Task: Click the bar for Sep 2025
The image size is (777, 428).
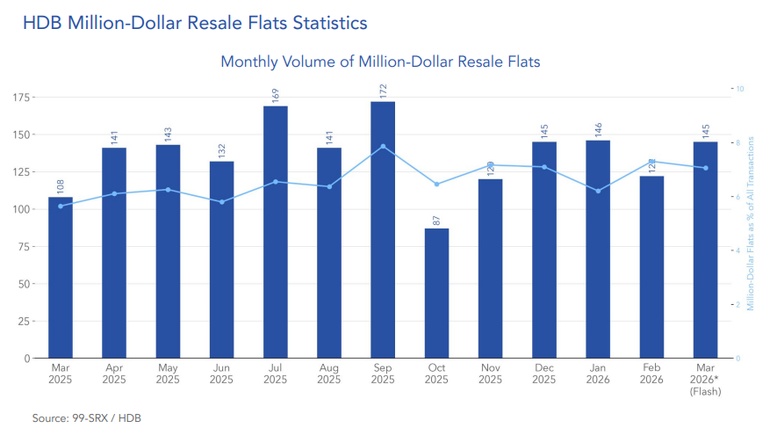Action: (x=383, y=230)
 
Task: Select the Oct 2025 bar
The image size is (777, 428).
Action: (x=436, y=294)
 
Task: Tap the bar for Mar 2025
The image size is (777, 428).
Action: (x=61, y=278)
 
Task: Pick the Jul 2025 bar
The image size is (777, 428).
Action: (x=276, y=232)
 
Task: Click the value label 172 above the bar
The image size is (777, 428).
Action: (x=383, y=90)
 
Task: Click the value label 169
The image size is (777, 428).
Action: (x=276, y=92)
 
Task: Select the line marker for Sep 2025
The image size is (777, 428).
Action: (x=383, y=146)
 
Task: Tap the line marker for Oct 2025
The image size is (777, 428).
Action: (x=436, y=184)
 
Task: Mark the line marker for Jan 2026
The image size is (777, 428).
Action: (x=598, y=191)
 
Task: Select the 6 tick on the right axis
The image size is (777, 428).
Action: (x=739, y=197)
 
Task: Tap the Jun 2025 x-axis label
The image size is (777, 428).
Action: (x=221, y=374)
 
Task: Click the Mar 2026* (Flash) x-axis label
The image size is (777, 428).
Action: (x=705, y=380)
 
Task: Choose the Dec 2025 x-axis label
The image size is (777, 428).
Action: (x=544, y=374)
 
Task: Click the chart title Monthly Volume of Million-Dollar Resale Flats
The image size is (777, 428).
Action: (x=380, y=62)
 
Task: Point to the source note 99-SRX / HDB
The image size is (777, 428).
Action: (x=86, y=417)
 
